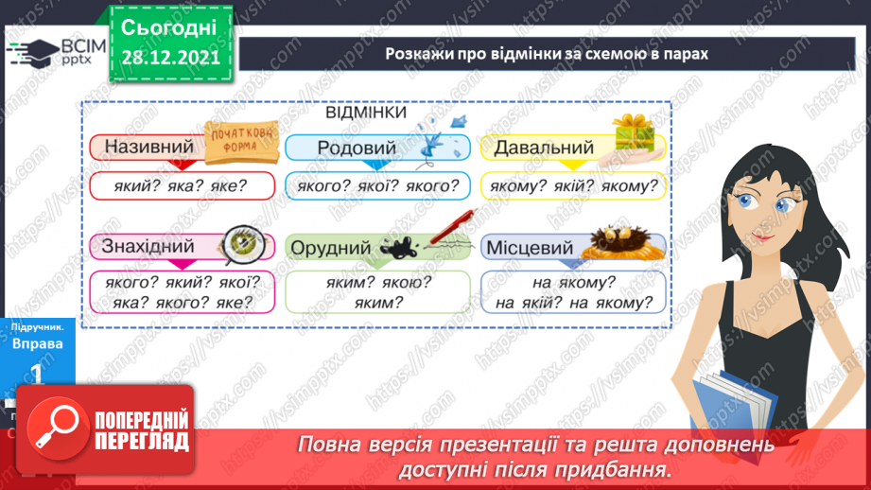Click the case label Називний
pyautogui.click(x=148, y=148)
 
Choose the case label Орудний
pyautogui.click(x=330, y=248)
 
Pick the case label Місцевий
pyautogui.click(x=529, y=248)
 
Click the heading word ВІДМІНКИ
pyautogui.click(x=366, y=113)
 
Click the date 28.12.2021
pyautogui.click(x=170, y=57)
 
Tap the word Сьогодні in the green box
pyautogui.click(x=170, y=26)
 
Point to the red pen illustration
pyautogui.click(x=452, y=227)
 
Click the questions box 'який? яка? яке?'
pyautogui.click(x=183, y=186)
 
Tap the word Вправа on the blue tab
pyautogui.click(x=37, y=343)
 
